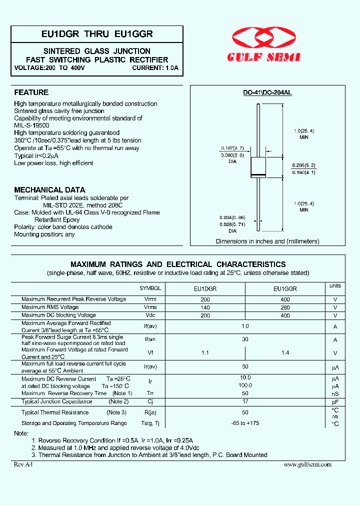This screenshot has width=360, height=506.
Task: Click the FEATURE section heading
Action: tap(31, 92)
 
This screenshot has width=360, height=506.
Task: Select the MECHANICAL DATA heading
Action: tap(49, 190)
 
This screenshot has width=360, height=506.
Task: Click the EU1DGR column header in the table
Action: tap(205, 289)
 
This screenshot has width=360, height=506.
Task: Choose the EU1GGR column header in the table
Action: tap(285, 289)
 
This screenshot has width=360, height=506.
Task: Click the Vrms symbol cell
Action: tap(150, 307)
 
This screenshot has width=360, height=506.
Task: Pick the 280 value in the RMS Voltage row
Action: tap(285, 307)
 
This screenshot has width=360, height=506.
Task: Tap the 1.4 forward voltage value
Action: tap(285, 353)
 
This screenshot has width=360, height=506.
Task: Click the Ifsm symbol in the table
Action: tap(150, 339)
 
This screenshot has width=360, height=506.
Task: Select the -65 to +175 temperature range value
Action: tap(245, 423)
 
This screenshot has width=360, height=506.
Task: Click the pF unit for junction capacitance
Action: tap(335, 401)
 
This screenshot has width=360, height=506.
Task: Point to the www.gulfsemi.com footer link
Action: tap(307, 464)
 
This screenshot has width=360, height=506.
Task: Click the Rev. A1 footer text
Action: tap(23, 464)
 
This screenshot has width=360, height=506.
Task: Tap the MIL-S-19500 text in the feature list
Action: tap(31, 125)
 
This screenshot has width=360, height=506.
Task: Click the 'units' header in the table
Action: tap(335, 285)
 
